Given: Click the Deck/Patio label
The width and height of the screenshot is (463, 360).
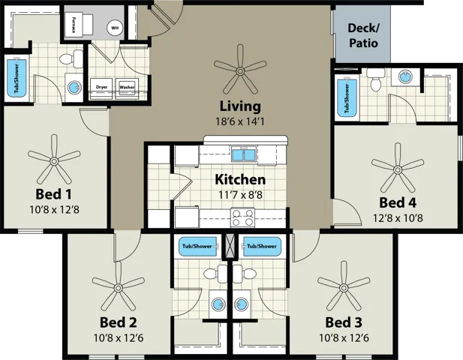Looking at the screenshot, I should pyautogui.click(x=362, y=36).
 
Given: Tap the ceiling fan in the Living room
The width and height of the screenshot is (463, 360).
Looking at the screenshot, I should pyautogui.click(x=240, y=70).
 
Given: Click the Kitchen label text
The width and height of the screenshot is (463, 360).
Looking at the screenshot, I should pyautogui.click(x=240, y=180).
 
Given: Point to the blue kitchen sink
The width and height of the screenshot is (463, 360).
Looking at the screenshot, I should pyautogui.click(x=242, y=155).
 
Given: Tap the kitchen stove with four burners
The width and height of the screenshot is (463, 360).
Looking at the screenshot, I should pyautogui.click(x=242, y=217).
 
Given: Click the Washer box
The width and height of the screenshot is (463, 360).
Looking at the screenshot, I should pyautogui.click(x=126, y=86).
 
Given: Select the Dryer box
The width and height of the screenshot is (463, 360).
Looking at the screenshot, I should pyautogui.click(x=102, y=86).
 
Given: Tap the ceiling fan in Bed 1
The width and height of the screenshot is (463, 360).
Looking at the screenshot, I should pyautogui.click(x=55, y=158).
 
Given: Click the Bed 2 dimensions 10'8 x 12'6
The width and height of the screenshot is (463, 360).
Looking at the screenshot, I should pyautogui.click(x=119, y=337).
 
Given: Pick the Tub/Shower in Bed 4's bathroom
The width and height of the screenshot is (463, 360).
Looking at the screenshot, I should pyautogui.click(x=347, y=97).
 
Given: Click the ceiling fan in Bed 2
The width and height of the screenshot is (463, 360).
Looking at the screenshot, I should pyautogui.click(x=119, y=286).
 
